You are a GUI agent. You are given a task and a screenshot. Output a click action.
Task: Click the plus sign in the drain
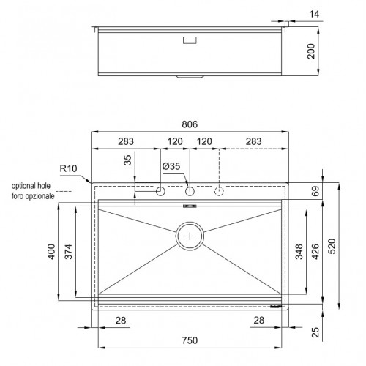pos(190,236)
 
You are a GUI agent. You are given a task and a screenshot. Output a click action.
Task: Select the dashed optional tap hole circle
pos(219,192)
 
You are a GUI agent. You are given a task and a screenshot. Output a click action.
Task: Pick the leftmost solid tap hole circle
pos(160,192)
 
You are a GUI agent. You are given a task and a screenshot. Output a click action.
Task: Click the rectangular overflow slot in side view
pos(190,39)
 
